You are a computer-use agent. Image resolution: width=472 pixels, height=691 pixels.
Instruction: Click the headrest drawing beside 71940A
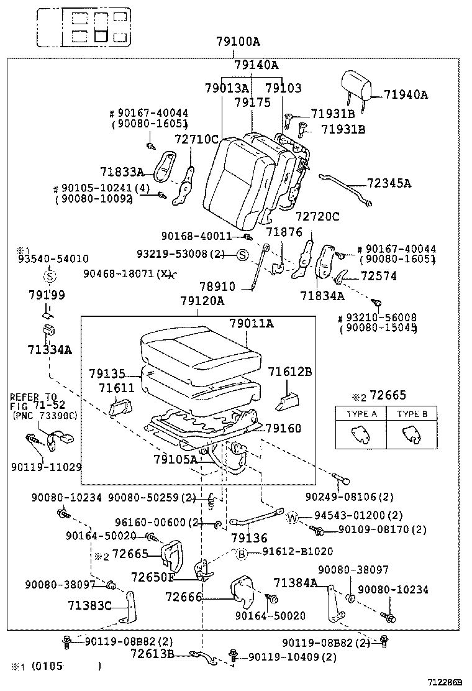356,86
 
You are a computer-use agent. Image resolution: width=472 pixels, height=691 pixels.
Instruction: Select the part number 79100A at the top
238,42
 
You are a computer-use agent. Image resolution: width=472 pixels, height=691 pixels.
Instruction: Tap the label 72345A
389,183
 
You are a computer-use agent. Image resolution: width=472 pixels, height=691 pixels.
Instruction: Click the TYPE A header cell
361,413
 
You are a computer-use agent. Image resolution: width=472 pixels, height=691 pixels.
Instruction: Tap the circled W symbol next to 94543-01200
293,517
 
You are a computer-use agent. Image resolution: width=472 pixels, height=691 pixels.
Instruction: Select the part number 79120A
202,301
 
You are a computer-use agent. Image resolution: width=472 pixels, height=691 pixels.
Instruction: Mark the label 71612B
290,372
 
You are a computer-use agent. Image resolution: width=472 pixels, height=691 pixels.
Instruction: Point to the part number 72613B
152,653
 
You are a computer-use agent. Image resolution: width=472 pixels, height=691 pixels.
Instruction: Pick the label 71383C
89,605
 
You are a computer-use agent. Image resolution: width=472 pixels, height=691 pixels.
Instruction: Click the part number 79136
249,538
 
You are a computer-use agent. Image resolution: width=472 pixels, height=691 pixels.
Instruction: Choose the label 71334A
50,350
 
